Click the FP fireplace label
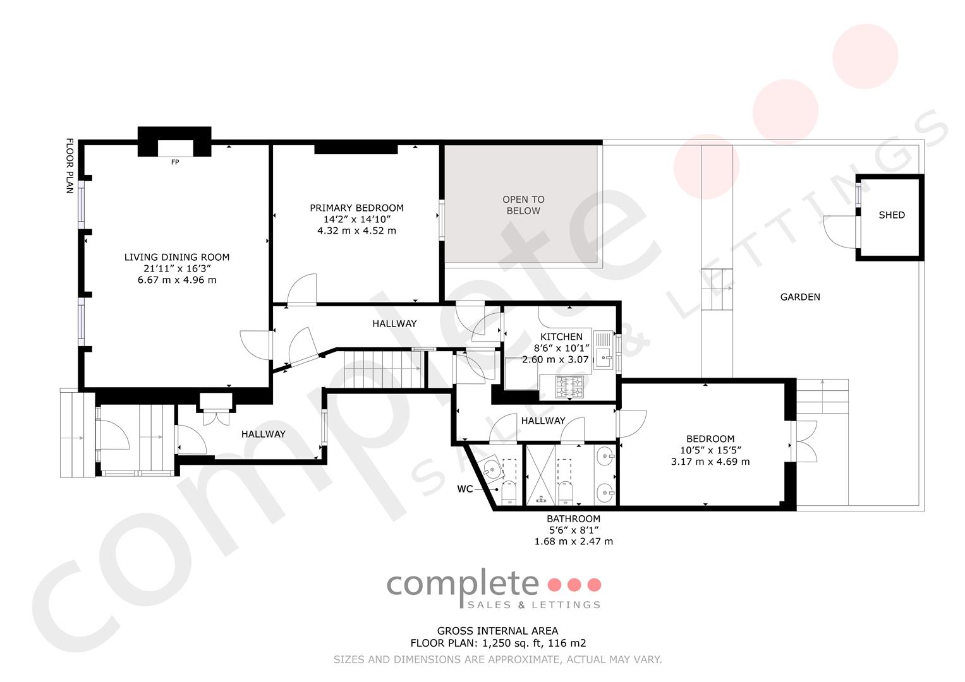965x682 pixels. (x=175, y=162)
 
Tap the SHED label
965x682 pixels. (x=891, y=215)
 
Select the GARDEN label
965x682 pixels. (x=800, y=297)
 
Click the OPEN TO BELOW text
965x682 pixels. (x=523, y=205)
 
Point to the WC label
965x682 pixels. (x=465, y=489)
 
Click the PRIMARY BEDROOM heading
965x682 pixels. (x=356, y=208)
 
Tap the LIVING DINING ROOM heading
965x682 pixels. (x=176, y=257)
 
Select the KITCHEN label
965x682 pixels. (x=561, y=337)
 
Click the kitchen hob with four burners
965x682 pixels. (x=569, y=386)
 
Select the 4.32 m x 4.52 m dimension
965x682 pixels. (x=356, y=230)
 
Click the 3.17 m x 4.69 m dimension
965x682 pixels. (x=710, y=462)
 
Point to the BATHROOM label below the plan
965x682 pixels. (x=573, y=519)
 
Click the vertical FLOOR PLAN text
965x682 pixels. (x=70, y=165)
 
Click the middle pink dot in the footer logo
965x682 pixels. (x=574, y=585)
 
